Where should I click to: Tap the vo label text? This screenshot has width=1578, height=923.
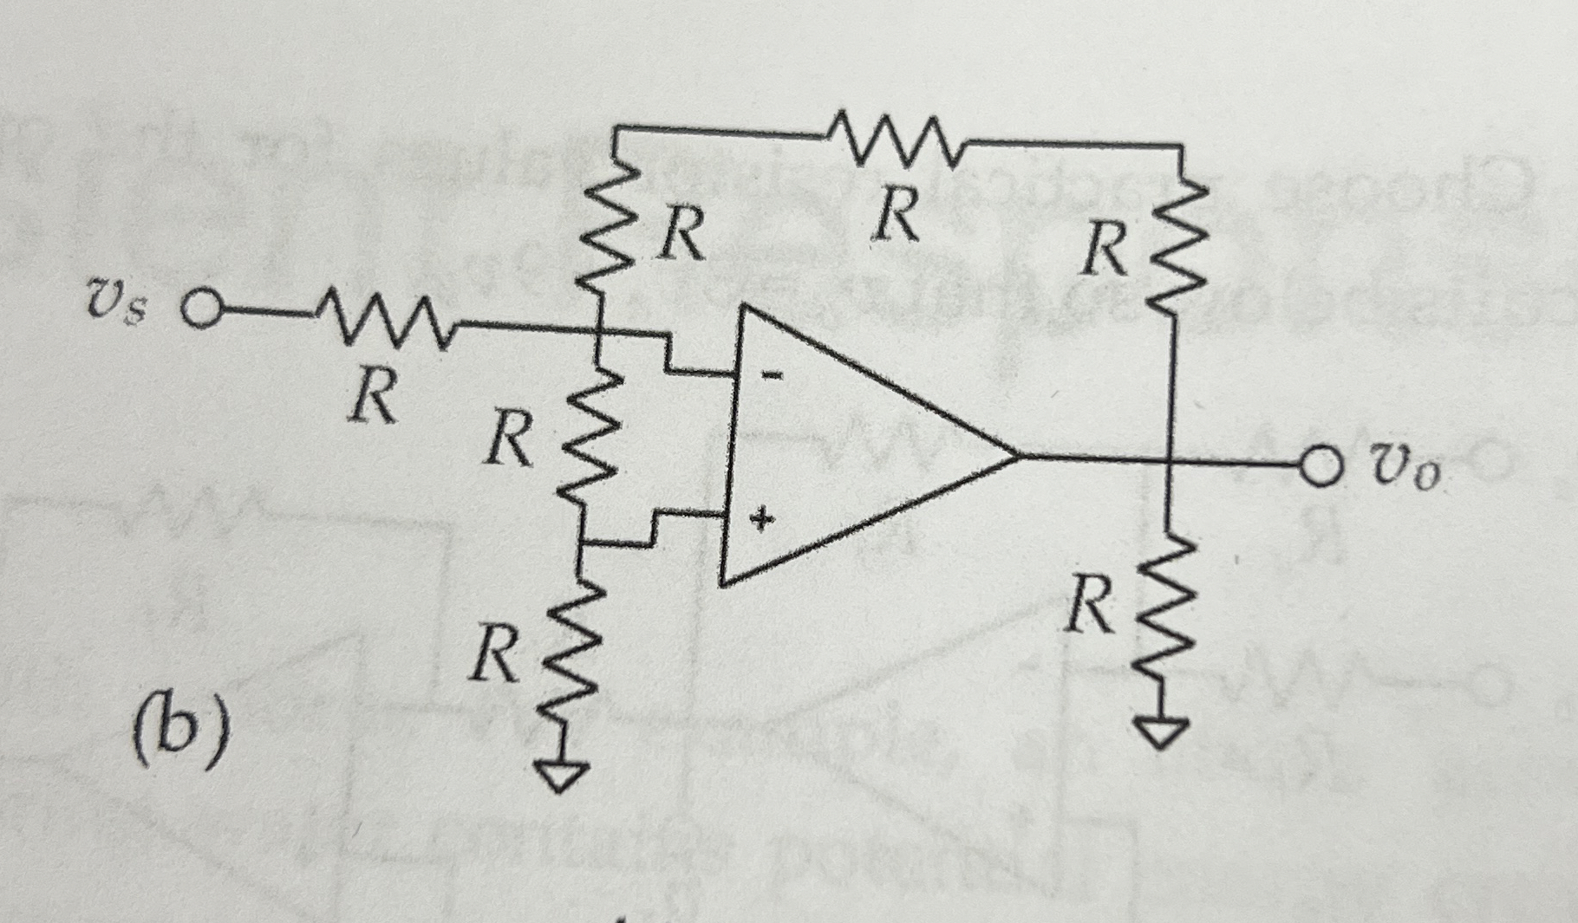tap(1405, 472)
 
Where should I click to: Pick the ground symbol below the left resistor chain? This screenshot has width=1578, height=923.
tap(564, 774)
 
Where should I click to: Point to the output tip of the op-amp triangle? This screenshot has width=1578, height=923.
tap(1016, 455)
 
